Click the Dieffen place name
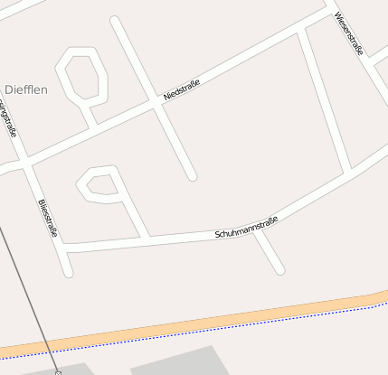point(26,89)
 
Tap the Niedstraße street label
point(182,89)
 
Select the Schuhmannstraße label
point(246,227)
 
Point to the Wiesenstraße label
point(348,33)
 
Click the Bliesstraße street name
point(48,219)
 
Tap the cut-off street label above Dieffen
point(9,117)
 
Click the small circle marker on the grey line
point(58,371)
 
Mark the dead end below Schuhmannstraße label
point(280,269)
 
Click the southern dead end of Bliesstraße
point(68,271)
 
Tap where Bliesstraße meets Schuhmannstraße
point(64,247)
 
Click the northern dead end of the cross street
point(115,20)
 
